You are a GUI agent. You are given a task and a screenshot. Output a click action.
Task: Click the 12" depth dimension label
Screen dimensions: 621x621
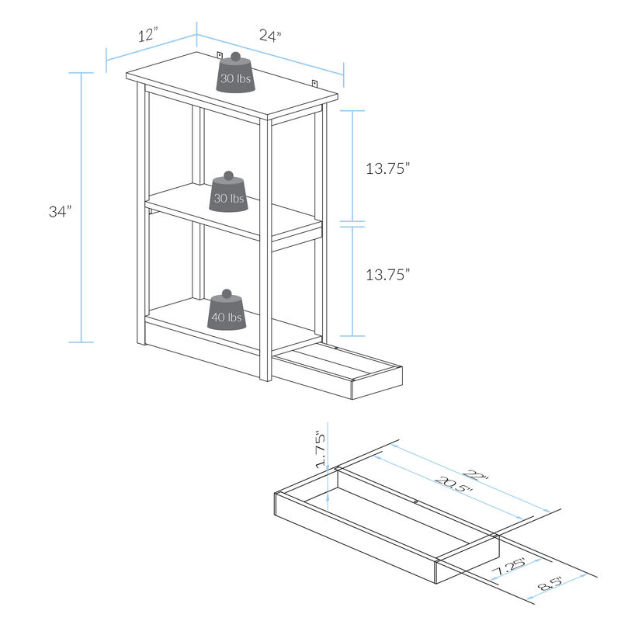click(x=148, y=35)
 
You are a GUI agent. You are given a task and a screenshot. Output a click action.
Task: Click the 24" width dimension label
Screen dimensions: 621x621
click(x=269, y=36)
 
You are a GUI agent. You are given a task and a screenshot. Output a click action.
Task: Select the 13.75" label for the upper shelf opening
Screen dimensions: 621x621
click(x=387, y=169)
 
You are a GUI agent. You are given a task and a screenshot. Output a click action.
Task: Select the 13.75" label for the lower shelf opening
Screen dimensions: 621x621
click(x=387, y=273)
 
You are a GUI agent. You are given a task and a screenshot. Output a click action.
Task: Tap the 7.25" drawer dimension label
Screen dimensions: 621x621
click(x=511, y=569)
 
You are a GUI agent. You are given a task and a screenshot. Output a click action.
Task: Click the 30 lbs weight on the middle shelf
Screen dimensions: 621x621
click(x=228, y=193)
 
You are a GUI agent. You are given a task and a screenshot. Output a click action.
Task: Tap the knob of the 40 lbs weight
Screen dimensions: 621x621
click(x=227, y=294)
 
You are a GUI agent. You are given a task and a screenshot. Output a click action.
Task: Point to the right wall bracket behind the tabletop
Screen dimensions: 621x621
click(x=315, y=82)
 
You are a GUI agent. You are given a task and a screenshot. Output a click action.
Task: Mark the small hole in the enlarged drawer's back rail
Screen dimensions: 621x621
click(x=416, y=502)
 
